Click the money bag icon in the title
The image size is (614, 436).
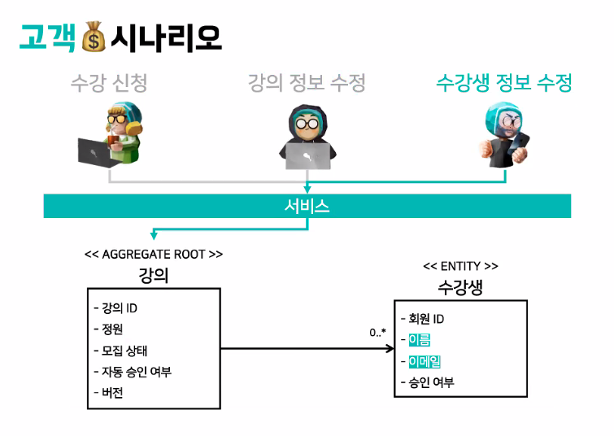click(94, 37)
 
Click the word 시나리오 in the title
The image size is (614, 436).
click(166, 37)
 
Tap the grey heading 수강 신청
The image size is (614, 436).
click(109, 82)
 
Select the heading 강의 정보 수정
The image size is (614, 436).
click(307, 82)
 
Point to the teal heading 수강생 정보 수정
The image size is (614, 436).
click(504, 82)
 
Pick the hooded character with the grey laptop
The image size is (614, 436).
click(307, 136)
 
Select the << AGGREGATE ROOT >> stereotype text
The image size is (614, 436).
click(154, 255)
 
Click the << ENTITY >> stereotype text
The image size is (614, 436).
click(461, 266)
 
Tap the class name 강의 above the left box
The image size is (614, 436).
click(154, 275)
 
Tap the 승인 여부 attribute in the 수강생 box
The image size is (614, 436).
click(431, 381)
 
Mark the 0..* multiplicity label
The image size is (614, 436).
click(377, 333)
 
